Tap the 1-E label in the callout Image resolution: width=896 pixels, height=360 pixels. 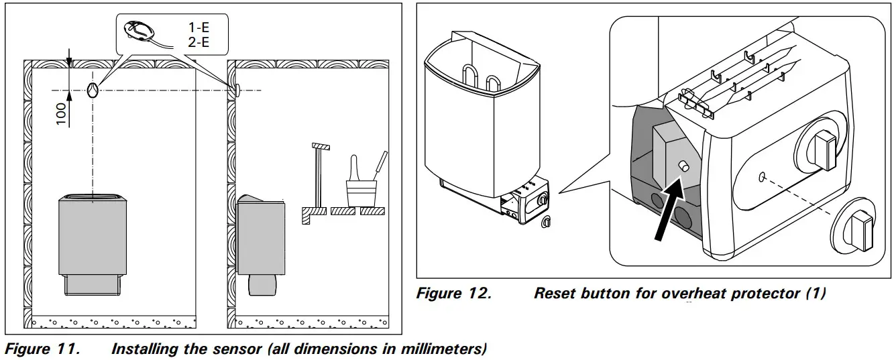pyautogui.click(x=199, y=29)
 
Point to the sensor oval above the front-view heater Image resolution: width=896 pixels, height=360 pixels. pyautogui.click(x=93, y=89)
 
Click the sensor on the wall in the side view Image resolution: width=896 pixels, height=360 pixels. pyautogui.click(x=235, y=89)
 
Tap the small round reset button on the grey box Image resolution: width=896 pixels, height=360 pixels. pyautogui.click(x=683, y=166)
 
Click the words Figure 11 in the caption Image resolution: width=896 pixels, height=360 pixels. pyautogui.click(x=44, y=349)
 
